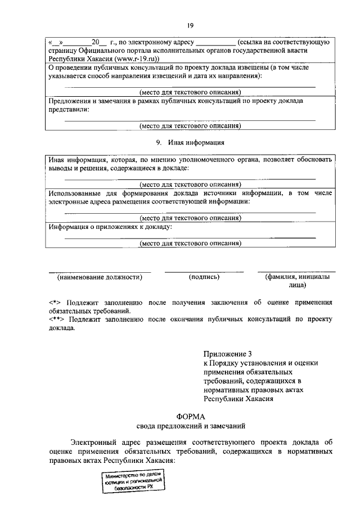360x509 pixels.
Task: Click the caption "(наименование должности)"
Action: pos(100,277)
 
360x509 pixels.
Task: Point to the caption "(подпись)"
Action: pos(204,277)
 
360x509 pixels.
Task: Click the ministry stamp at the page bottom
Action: pos(133,482)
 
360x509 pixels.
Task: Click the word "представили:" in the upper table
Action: pos(69,110)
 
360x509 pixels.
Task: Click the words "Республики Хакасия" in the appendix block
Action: pos(238,399)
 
